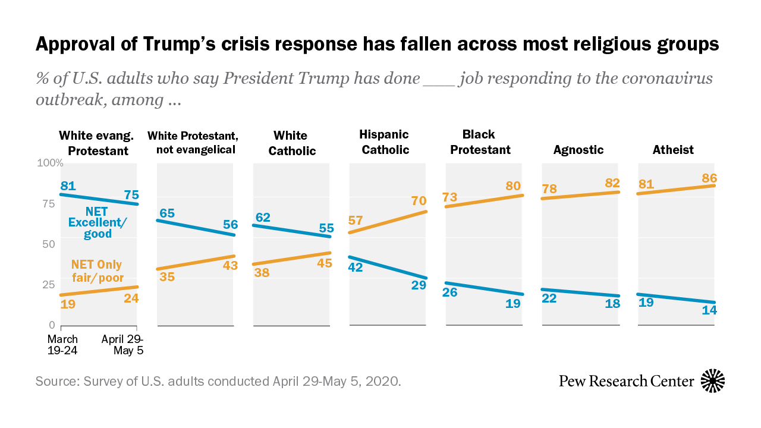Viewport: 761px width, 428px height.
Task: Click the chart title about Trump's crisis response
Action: pos(378,44)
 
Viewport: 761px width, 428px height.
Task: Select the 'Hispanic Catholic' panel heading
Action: pos(385,142)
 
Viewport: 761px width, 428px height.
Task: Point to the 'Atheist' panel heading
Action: pos(674,150)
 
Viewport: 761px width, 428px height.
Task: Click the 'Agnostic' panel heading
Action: pos(578,150)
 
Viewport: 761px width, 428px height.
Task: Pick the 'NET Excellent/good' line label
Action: pos(90,222)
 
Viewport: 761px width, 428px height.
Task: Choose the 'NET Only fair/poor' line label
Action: pos(98,270)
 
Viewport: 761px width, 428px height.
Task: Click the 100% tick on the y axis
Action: pos(51,163)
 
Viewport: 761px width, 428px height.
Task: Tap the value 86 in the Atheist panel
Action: pos(709,177)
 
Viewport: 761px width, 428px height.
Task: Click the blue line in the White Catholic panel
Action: pos(292,231)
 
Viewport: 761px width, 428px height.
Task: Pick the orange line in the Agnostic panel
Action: pos(581,196)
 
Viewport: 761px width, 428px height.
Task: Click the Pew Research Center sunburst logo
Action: pos(713,380)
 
